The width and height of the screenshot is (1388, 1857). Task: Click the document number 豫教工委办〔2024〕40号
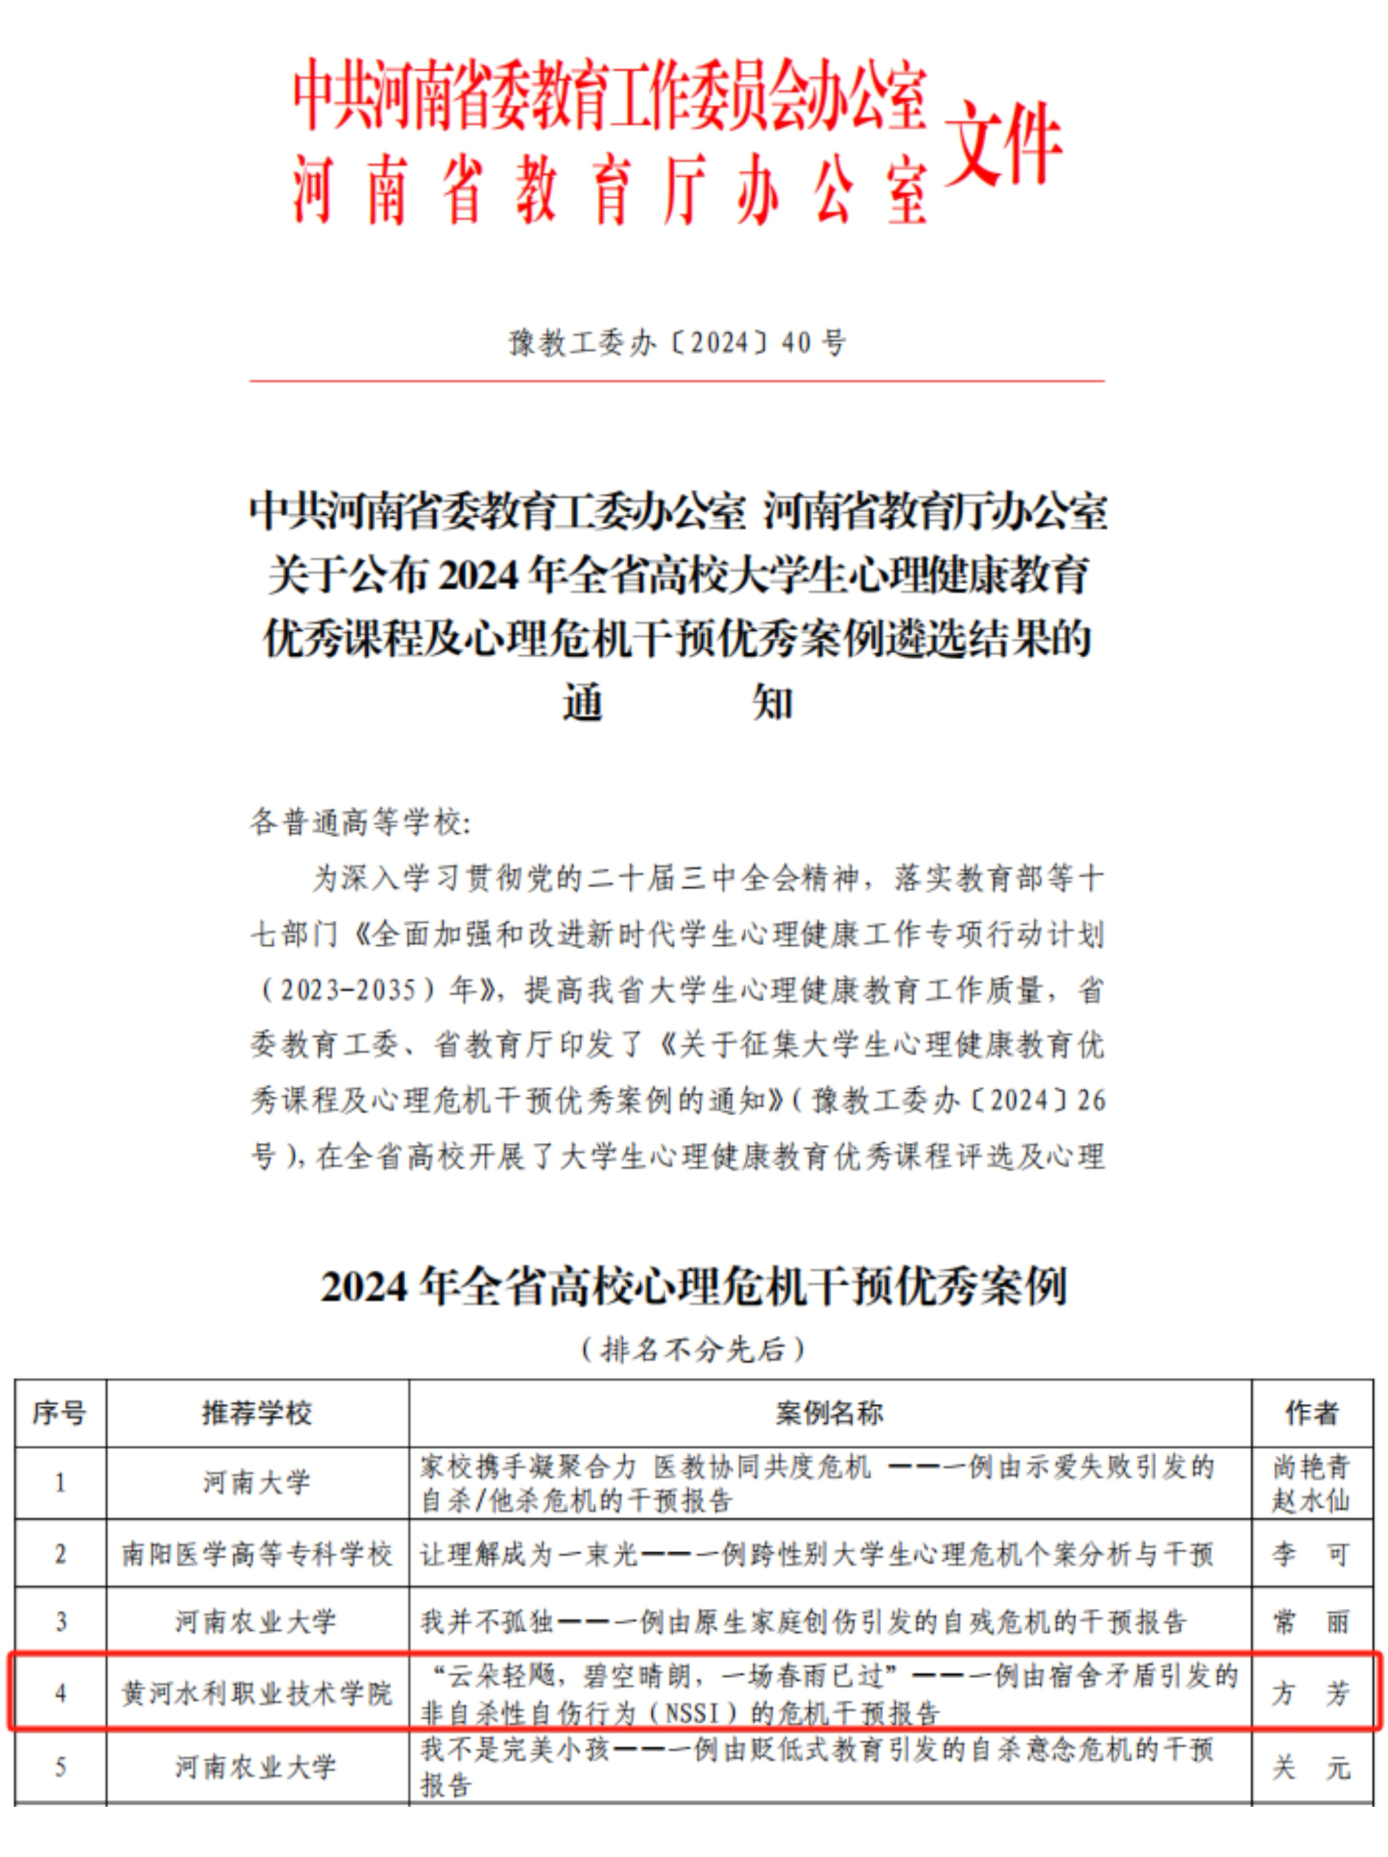click(677, 343)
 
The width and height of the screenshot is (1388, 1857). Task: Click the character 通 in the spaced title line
click(583, 702)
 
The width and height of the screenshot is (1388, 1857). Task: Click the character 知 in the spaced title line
click(773, 702)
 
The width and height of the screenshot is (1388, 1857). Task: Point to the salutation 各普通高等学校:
click(361, 822)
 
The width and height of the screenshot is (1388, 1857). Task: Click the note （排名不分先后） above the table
click(693, 1349)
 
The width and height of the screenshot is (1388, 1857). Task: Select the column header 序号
click(60, 1413)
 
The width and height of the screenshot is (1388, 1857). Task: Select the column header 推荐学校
click(257, 1413)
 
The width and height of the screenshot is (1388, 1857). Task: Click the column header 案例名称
click(830, 1413)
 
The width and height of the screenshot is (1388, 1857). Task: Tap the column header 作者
click(1311, 1413)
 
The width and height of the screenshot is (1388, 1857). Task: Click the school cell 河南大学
click(257, 1482)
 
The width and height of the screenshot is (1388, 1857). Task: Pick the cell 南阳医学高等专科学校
click(257, 1554)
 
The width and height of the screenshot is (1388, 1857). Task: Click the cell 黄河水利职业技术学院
click(257, 1692)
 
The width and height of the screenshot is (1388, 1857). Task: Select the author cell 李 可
click(1311, 1554)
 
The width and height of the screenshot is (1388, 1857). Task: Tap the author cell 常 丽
click(1311, 1621)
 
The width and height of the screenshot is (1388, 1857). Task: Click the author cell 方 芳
click(1311, 1692)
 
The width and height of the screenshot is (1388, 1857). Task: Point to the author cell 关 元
click(1311, 1767)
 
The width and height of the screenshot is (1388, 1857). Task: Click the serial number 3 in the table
click(60, 1621)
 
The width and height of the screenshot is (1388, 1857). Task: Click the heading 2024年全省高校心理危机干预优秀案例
click(693, 1287)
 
